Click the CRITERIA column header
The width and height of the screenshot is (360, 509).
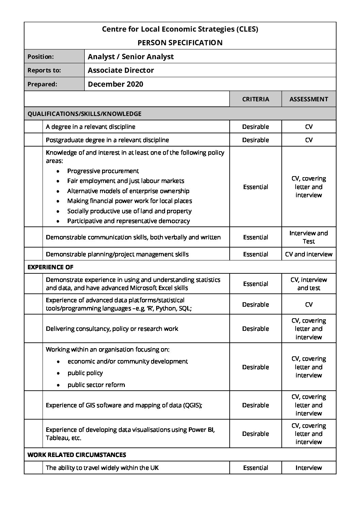click(256, 99)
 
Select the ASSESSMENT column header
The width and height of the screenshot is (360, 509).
click(309, 99)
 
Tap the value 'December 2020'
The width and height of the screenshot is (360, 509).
click(115, 84)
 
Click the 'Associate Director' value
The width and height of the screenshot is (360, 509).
click(121, 70)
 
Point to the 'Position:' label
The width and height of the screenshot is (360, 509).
click(40, 57)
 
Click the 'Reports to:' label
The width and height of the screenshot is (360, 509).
click(44, 70)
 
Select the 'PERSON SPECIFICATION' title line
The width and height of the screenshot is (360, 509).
click(180, 43)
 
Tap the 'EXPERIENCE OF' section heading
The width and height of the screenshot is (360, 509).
click(50, 267)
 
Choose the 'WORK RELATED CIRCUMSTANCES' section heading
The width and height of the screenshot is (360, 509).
click(77, 455)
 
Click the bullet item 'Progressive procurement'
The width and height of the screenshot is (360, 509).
click(103, 171)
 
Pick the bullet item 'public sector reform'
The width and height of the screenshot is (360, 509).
click(96, 385)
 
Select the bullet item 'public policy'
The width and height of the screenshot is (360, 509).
click(85, 373)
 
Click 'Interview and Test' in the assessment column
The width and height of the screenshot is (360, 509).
click(309, 237)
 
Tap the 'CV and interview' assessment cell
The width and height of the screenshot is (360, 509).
click(309, 254)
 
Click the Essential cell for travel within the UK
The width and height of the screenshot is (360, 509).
click(256, 468)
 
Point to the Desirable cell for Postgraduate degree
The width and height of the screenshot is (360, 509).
click(256, 140)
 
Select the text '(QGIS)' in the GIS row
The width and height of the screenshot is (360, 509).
click(193, 405)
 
